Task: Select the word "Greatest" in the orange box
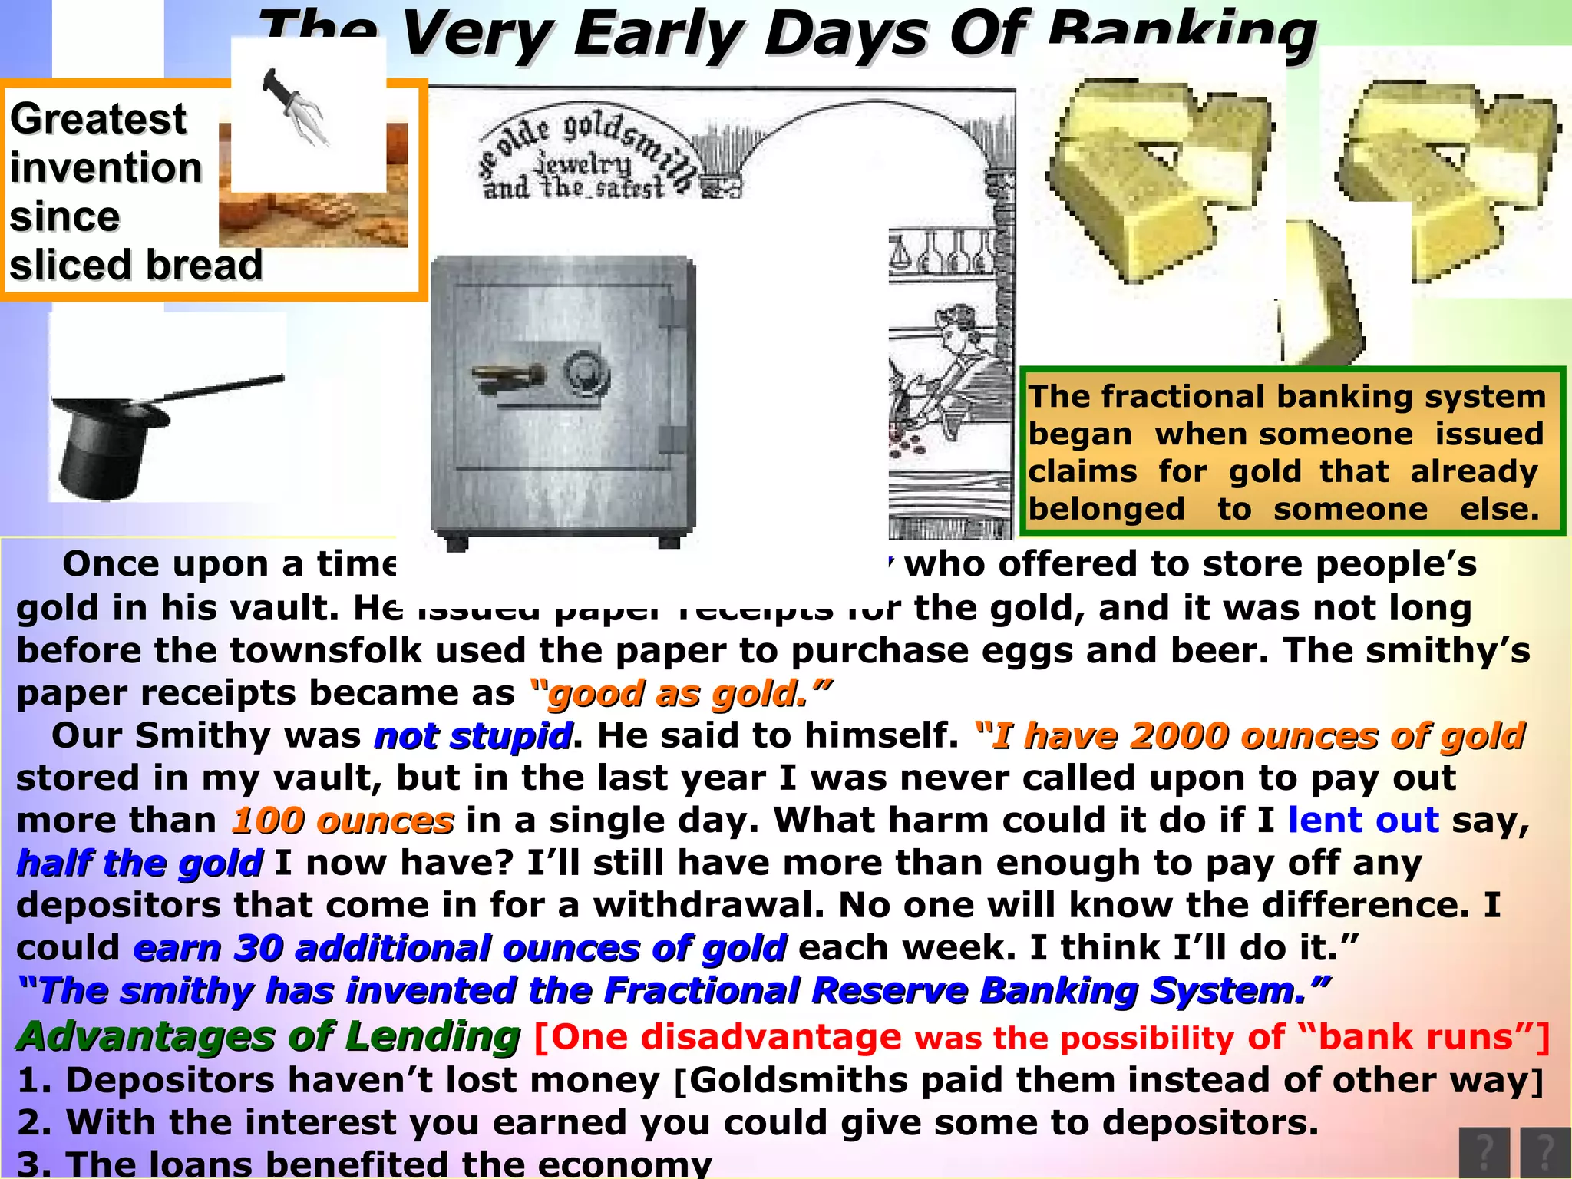coord(97,120)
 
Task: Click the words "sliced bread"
coord(136,266)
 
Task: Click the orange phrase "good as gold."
coord(680,693)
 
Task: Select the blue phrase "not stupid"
coord(473,735)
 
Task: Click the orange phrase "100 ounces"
coord(342,821)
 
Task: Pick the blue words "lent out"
coord(1362,820)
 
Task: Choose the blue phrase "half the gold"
coord(140,863)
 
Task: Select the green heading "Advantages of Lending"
coord(269,1036)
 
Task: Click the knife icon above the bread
coord(296,107)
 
